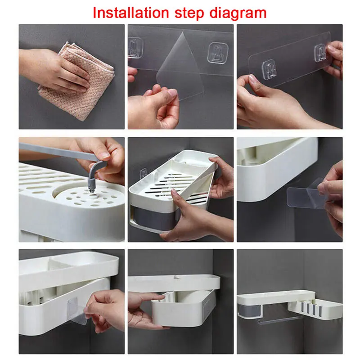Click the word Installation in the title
(x=131, y=13)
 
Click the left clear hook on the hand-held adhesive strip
(x=269, y=69)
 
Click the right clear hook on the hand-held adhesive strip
(x=320, y=53)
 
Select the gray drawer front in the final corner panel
(x=250, y=310)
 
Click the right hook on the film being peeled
(x=216, y=53)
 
